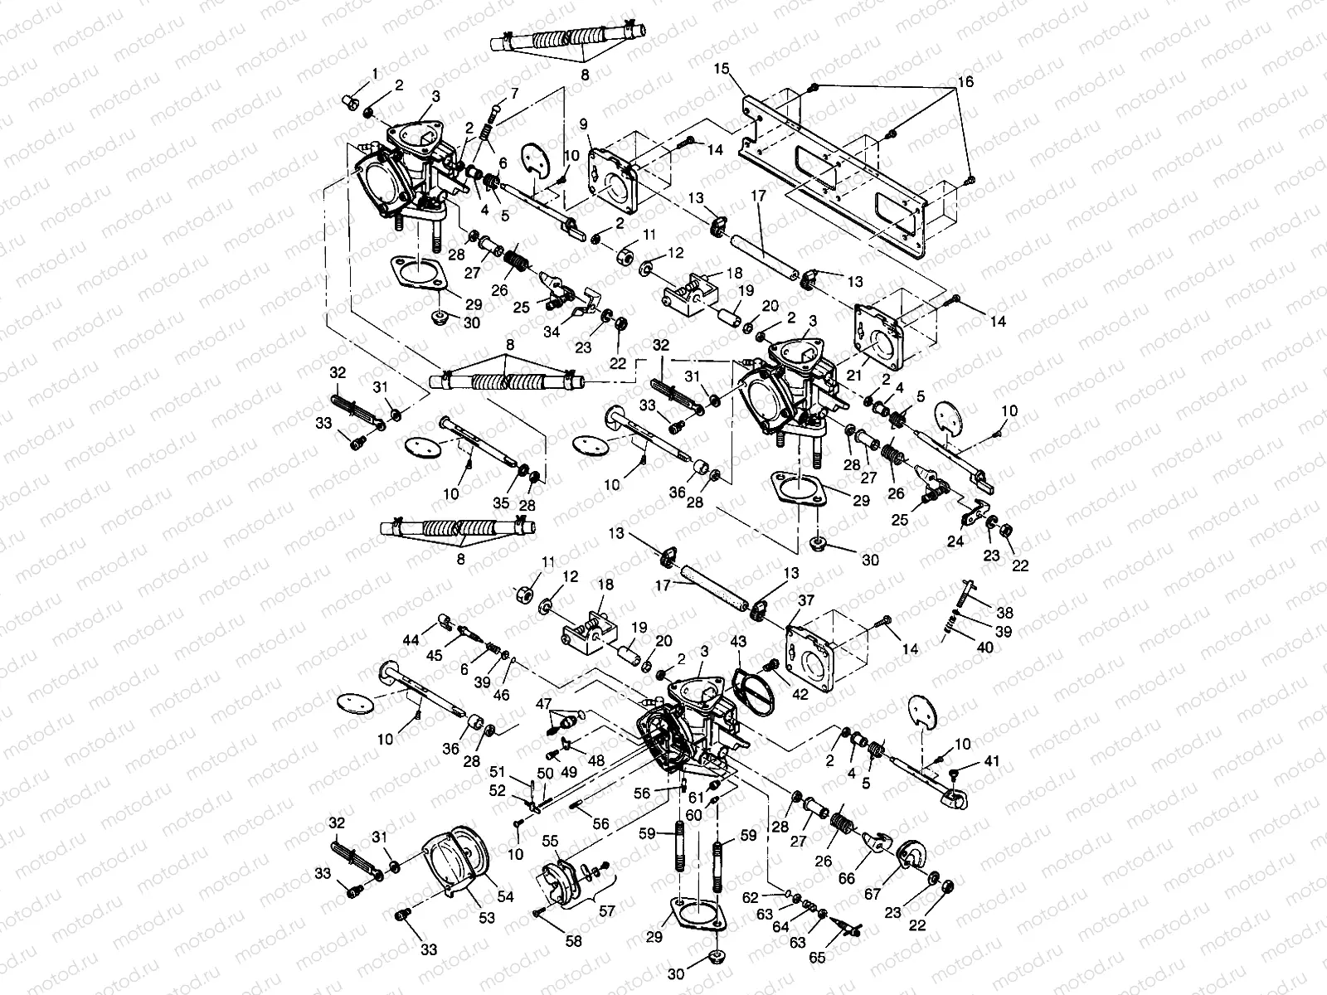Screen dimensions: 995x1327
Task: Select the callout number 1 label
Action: point(374,75)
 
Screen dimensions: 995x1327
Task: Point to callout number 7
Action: point(514,92)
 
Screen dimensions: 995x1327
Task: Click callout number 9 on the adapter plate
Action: point(583,124)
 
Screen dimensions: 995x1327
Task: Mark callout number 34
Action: point(552,332)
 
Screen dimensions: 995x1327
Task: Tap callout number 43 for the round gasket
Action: point(738,642)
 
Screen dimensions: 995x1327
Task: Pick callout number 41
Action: point(992,760)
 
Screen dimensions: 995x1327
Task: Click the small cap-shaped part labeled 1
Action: point(349,101)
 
